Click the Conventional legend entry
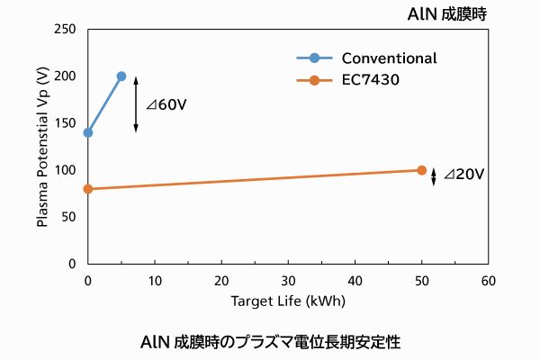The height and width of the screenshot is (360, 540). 367,58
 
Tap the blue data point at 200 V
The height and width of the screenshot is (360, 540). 121,76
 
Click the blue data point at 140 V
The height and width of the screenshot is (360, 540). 87,132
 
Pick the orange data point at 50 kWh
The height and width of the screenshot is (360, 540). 421,170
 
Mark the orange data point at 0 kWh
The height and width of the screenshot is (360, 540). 87,189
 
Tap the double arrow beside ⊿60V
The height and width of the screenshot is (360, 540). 136,104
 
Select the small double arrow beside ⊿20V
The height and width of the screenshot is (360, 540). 434,176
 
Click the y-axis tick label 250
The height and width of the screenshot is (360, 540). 64,30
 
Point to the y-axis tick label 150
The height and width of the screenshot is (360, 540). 64,123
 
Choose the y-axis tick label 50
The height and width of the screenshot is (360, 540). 67,217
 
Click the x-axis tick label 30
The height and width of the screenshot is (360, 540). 288,281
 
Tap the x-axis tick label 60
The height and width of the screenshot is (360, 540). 488,281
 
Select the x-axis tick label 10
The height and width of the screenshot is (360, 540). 154,281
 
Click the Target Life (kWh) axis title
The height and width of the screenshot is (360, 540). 288,301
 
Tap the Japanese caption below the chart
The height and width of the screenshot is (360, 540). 270,342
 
